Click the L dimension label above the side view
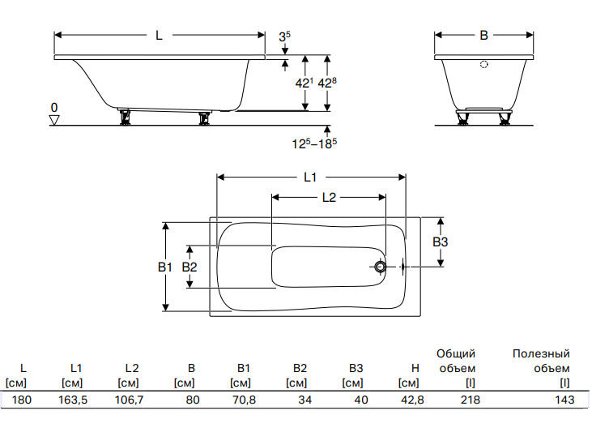159,36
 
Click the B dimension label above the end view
483,36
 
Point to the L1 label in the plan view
310,177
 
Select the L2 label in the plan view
329,197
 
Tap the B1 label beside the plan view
165,267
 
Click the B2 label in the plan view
190,267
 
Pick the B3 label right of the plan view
441,242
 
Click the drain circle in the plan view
380,267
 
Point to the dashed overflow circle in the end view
484,64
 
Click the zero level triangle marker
54,120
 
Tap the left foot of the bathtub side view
124,117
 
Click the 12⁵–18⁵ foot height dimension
314,143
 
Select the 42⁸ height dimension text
327,83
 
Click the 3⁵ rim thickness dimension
285,36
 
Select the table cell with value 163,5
73,400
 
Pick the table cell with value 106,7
129,400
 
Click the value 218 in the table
470,400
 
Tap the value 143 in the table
564,400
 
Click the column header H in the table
415,368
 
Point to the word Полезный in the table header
541,353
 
